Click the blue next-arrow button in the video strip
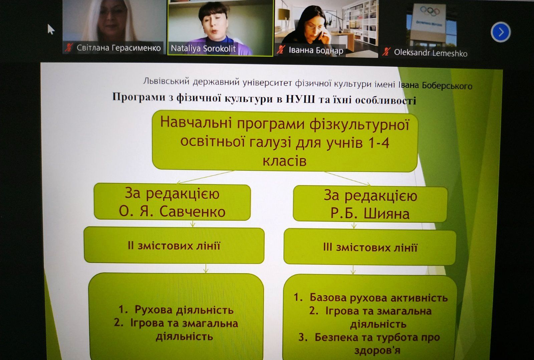click(x=501, y=32)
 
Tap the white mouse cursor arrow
click(x=51, y=29)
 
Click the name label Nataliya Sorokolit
click(x=203, y=49)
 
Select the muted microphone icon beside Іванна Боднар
click(x=281, y=50)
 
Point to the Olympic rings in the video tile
click(x=430, y=11)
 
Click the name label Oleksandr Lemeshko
click(x=431, y=53)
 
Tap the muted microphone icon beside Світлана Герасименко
click(x=69, y=47)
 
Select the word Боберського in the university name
click(x=447, y=85)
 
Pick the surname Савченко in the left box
click(x=192, y=211)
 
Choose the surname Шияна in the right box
click(x=386, y=214)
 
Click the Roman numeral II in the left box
click(x=130, y=246)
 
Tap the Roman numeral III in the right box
click(x=327, y=247)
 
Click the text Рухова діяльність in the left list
click(x=184, y=310)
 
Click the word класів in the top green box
click(x=284, y=161)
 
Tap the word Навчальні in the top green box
click(x=196, y=122)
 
